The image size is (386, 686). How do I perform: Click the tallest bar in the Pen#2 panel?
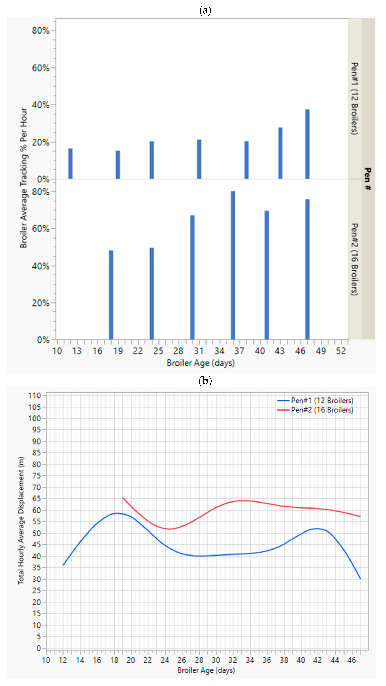click(233, 265)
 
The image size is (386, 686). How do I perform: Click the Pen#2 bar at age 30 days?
click(192, 277)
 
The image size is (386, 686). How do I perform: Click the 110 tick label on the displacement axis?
click(35, 396)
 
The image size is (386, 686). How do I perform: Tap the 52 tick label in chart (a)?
click(341, 351)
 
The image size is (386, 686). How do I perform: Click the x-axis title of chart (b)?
click(206, 670)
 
